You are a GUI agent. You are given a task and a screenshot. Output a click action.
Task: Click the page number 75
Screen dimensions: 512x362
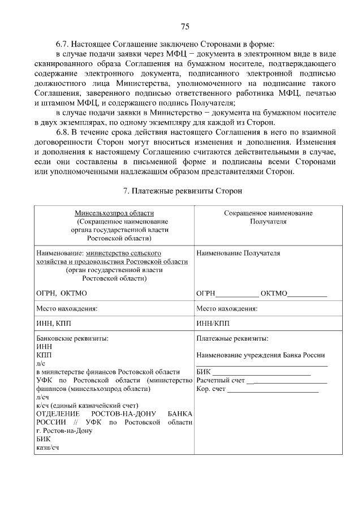click(x=184, y=27)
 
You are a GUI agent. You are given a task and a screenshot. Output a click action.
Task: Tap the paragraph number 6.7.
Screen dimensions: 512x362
click(x=63, y=44)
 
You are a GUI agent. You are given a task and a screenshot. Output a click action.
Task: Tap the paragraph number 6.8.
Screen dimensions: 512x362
click(x=63, y=132)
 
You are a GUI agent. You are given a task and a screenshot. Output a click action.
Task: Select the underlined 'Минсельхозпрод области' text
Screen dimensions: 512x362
click(x=114, y=213)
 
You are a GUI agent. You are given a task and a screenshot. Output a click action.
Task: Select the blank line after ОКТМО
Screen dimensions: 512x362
click(x=307, y=294)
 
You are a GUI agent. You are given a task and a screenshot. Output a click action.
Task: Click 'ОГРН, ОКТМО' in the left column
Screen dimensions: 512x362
click(x=62, y=293)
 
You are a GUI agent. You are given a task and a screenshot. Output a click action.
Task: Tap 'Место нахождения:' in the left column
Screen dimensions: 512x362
click(x=67, y=309)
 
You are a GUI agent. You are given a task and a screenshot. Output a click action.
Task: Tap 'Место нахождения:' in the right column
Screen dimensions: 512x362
click(x=227, y=309)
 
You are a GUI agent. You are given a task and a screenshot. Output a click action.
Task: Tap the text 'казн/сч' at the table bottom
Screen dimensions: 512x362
click(x=48, y=447)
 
